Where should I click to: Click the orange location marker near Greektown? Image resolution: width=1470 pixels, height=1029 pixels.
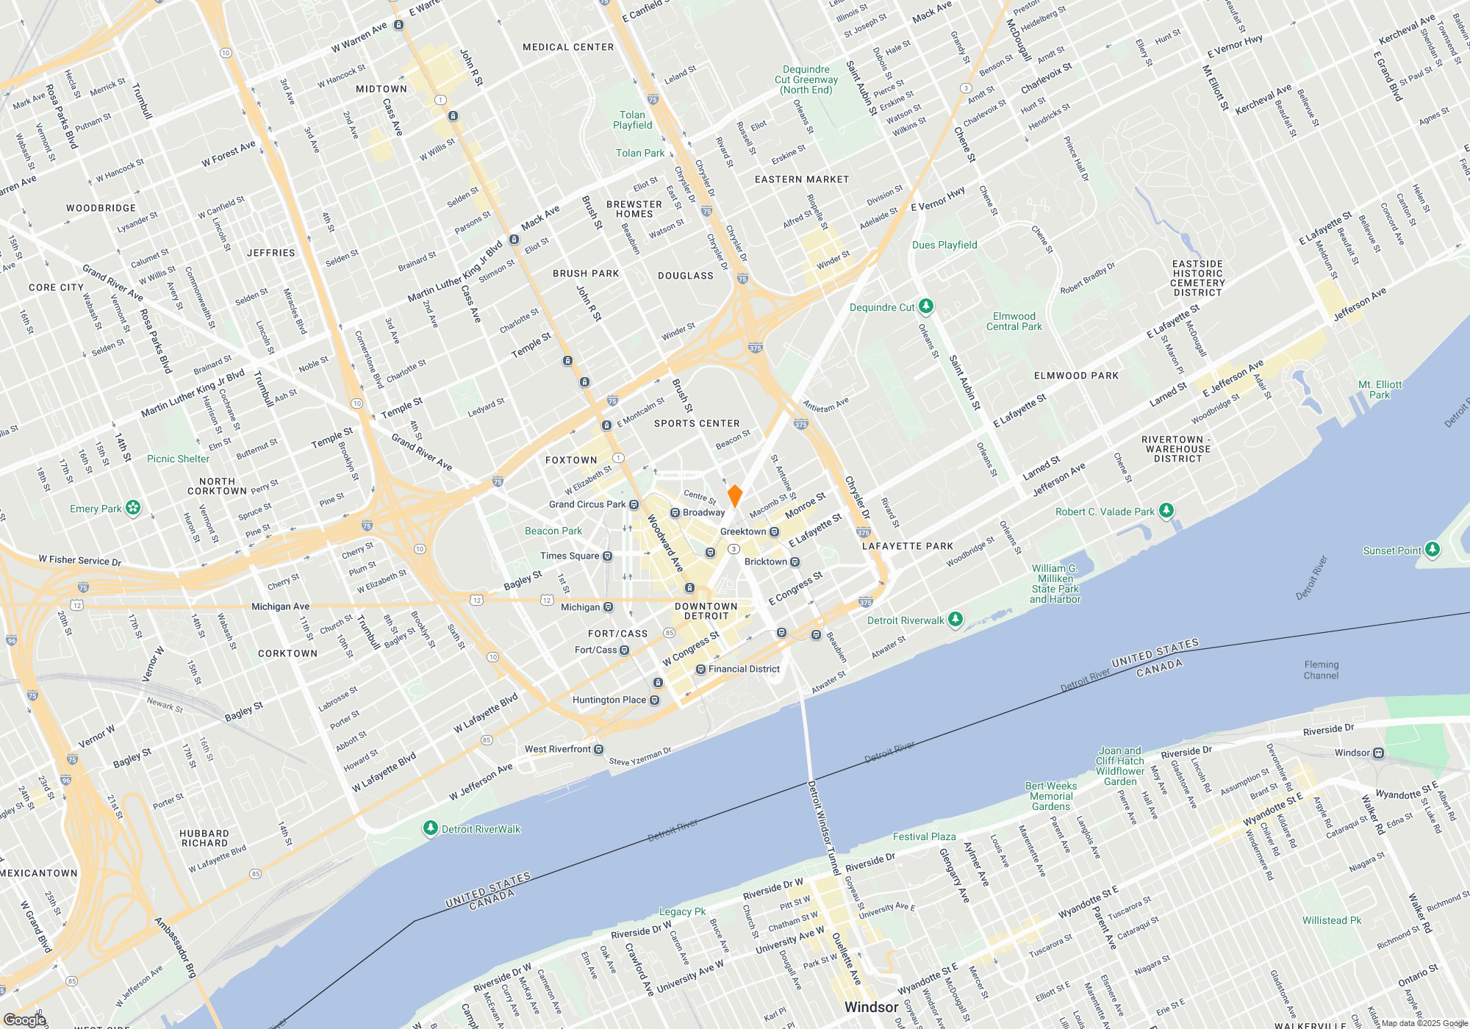(x=734, y=495)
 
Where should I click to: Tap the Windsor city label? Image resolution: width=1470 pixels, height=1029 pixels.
(x=871, y=1007)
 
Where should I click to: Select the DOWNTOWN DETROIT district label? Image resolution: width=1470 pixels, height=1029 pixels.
(x=706, y=612)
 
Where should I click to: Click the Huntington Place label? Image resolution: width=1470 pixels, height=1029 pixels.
(x=609, y=700)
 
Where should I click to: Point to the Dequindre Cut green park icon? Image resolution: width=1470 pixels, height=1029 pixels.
(x=926, y=306)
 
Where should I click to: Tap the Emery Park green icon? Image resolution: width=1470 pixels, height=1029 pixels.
(x=133, y=507)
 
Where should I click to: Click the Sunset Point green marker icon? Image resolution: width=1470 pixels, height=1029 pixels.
(x=1432, y=549)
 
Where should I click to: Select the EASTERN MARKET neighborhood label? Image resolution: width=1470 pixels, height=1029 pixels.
(x=801, y=179)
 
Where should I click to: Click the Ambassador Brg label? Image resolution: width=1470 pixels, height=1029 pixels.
(x=176, y=948)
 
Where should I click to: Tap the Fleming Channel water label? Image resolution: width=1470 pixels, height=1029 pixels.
(x=1321, y=670)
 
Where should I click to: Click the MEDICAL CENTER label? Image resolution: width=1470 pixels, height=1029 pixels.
(x=567, y=47)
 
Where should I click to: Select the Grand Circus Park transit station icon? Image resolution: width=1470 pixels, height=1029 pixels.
(x=634, y=504)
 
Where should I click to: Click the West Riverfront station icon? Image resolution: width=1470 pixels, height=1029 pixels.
(x=599, y=749)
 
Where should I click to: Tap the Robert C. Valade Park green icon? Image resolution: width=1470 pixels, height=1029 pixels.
(x=1166, y=510)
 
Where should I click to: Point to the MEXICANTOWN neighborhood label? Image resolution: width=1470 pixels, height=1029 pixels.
(x=38, y=873)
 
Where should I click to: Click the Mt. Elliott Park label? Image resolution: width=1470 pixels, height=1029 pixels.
(x=1380, y=390)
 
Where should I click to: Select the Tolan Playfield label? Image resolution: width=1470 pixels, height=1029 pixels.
(x=632, y=120)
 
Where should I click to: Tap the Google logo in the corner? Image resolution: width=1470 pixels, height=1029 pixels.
(x=25, y=1020)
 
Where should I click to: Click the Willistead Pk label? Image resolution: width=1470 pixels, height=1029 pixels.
(x=1332, y=920)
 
